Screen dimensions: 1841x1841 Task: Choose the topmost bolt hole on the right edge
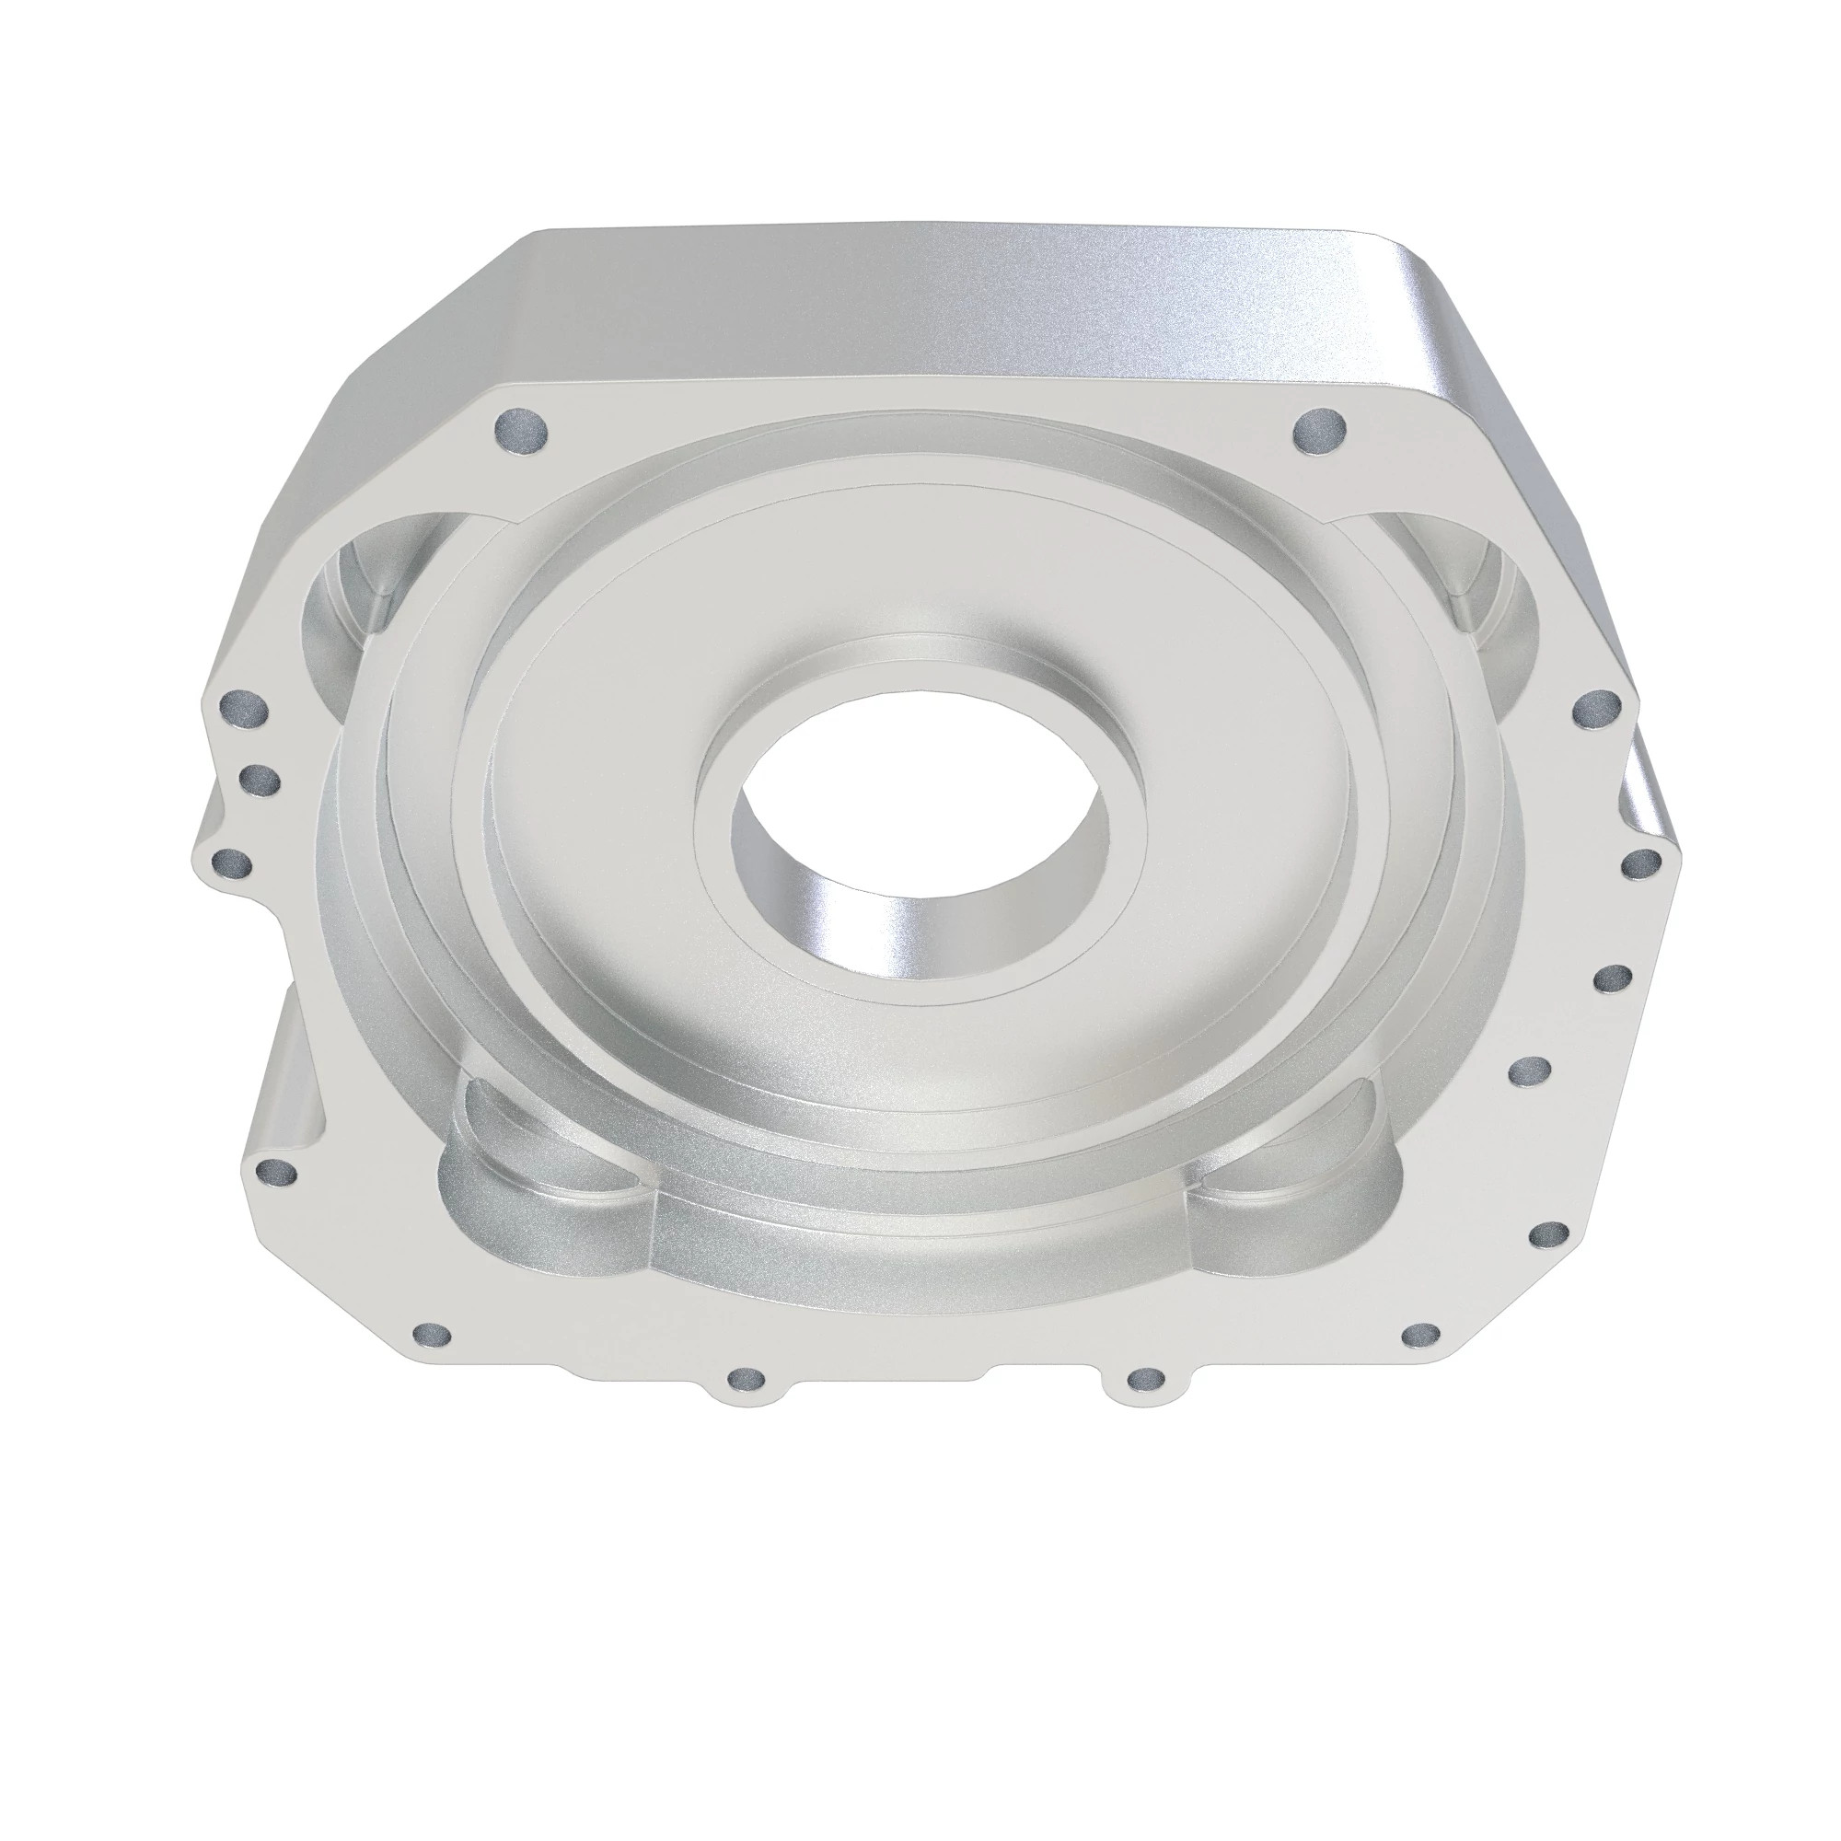tap(1597, 708)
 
